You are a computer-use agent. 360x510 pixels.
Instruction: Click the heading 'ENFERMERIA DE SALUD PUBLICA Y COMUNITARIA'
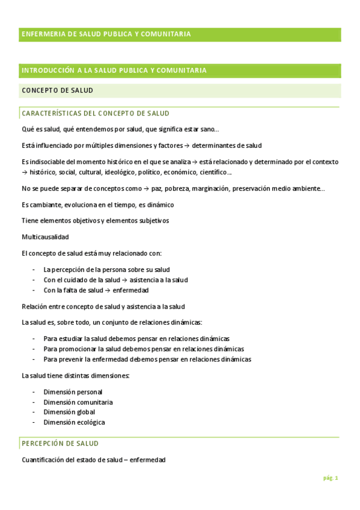click(x=106, y=34)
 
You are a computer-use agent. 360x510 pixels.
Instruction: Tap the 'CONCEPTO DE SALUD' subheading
click(x=57, y=90)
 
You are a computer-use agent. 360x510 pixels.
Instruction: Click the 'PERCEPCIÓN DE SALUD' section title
click(x=60, y=443)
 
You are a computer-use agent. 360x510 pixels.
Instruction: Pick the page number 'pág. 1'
click(x=331, y=478)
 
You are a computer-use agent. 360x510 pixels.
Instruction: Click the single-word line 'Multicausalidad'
click(x=45, y=236)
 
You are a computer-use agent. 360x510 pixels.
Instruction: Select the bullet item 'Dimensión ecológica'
click(x=74, y=422)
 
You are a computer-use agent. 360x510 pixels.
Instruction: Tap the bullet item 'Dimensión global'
click(x=69, y=412)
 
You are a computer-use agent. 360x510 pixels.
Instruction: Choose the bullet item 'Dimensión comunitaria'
click(x=78, y=402)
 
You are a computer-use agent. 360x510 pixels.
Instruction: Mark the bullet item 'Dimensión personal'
click(x=73, y=392)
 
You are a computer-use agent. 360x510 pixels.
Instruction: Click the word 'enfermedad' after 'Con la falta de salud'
click(x=132, y=290)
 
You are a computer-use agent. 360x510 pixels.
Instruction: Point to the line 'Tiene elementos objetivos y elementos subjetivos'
click(x=95, y=221)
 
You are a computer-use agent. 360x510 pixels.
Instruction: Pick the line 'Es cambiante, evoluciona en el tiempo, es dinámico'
click(x=98, y=204)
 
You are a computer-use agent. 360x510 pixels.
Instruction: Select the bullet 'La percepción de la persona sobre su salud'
click(x=106, y=269)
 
